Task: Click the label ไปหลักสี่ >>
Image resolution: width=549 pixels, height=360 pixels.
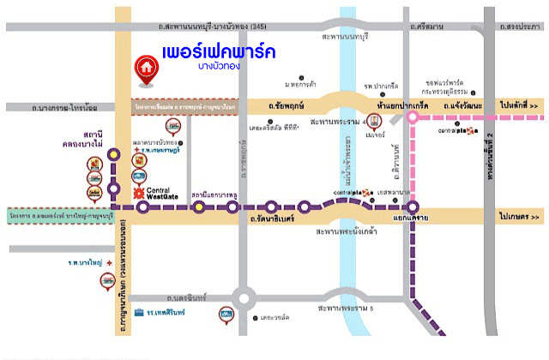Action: click(520, 105)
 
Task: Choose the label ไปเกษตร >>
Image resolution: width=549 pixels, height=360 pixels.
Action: click(520, 220)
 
